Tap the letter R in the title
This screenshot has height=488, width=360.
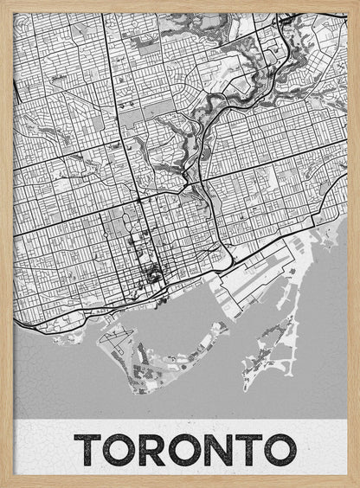(x=149, y=450)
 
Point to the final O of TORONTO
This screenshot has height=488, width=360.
(x=276, y=450)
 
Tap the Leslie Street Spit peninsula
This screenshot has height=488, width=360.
(x=275, y=346)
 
